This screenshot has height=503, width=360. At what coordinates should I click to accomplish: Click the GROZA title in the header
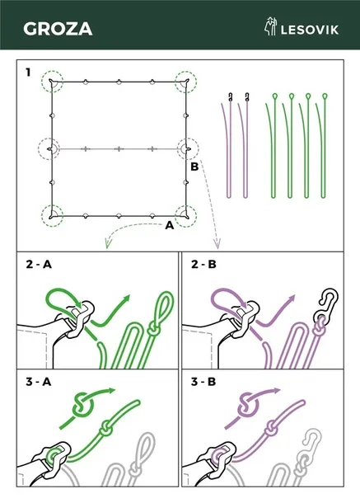tap(58, 29)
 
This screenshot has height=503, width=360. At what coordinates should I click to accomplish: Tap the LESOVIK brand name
tap(310, 30)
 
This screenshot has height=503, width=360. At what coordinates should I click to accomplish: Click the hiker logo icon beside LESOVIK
tap(270, 26)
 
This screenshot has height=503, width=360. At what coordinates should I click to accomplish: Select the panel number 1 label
tap(28, 73)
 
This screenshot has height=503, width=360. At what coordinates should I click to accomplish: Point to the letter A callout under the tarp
tap(169, 225)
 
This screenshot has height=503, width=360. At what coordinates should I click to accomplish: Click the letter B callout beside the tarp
tap(194, 167)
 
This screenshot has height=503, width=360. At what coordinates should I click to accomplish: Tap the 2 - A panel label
tap(39, 265)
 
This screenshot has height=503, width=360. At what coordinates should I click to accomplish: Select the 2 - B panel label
tap(203, 265)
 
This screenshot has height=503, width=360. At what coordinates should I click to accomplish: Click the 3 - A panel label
tap(39, 382)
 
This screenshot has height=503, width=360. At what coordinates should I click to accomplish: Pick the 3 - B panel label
tap(203, 382)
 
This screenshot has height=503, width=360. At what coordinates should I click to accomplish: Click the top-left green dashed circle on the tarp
tap(52, 81)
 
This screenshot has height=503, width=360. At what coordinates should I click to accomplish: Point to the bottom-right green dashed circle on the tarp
tap(186, 217)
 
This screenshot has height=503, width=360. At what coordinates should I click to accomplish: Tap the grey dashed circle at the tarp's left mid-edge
tap(49, 149)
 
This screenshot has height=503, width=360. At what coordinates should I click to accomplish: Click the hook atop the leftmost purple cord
tap(230, 96)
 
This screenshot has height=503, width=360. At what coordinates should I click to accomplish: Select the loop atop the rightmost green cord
tap(325, 96)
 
